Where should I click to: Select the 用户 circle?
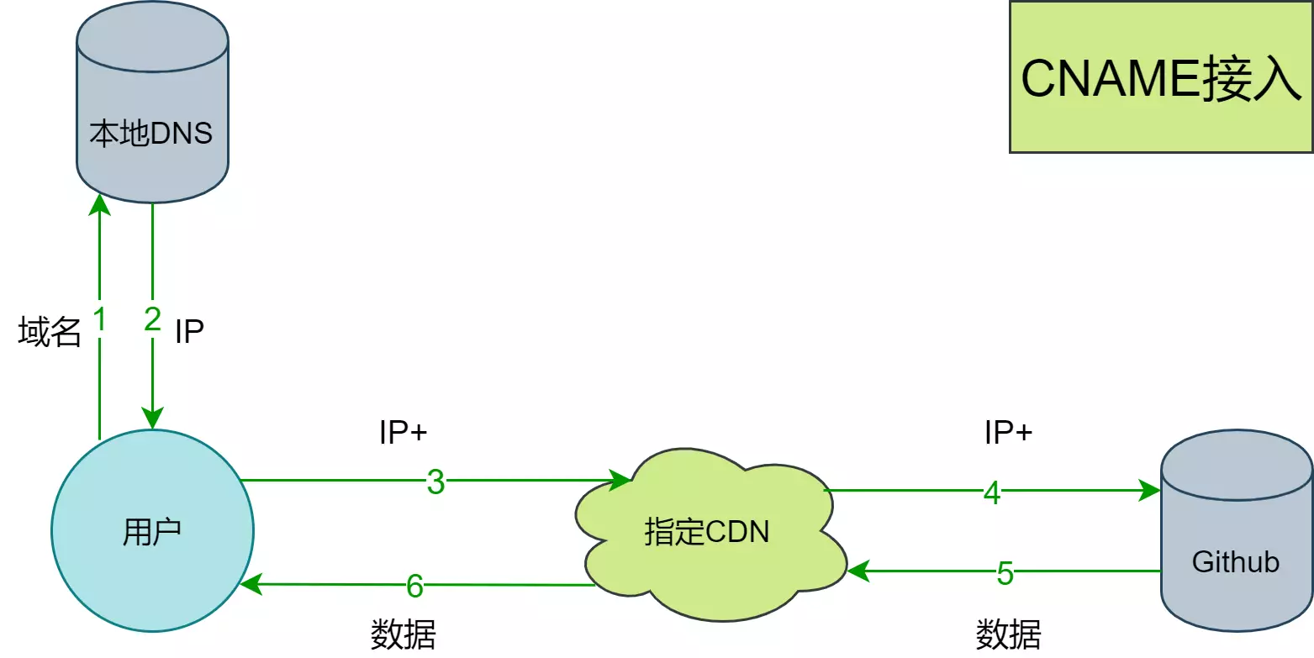click(152, 531)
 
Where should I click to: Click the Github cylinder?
click(1236, 538)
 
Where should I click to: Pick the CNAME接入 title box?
click(1161, 77)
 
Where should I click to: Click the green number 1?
click(100, 320)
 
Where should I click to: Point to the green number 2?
click(152, 320)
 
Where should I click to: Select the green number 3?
click(435, 482)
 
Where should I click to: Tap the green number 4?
click(992, 492)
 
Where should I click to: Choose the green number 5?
click(1005, 573)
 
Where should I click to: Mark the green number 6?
click(414, 586)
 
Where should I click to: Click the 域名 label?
click(50, 333)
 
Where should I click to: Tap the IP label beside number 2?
click(189, 332)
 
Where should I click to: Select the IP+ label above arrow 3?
click(404, 433)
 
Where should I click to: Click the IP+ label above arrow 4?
click(1008, 433)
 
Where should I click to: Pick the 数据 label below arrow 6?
click(404, 634)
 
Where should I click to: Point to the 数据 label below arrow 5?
click(1008, 634)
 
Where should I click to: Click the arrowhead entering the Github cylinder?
click(1151, 490)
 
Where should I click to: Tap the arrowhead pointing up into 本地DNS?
click(100, 204)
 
